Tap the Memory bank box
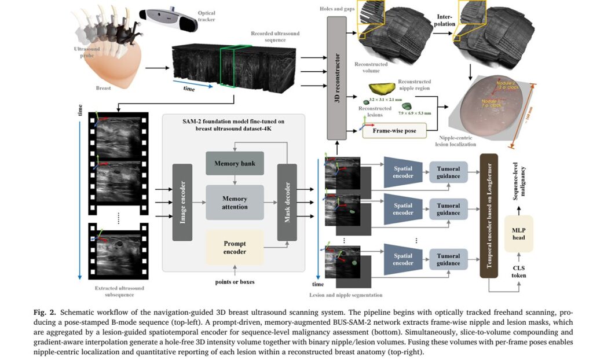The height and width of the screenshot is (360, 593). point(235,163)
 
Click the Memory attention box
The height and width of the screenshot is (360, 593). point(235,203)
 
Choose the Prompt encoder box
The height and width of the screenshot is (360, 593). point(235,248)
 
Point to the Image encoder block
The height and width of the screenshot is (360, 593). point(182,202)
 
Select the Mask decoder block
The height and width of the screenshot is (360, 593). point(287,202)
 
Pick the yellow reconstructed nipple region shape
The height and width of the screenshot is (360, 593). point(382,87)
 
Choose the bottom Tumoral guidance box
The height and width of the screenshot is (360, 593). point(448,259)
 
